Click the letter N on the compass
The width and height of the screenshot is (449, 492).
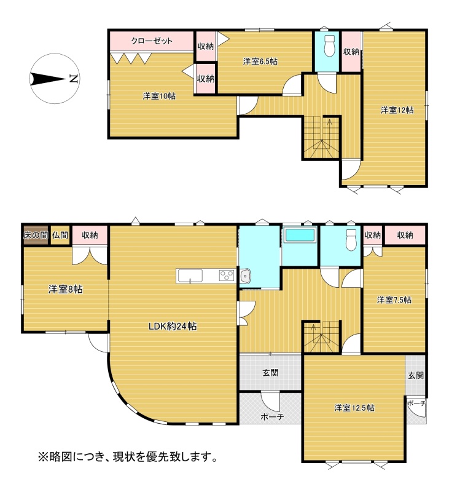tap(73, 79)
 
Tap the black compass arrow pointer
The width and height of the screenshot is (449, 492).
tap(48, 79)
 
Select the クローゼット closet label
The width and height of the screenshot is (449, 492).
tap(152, 41)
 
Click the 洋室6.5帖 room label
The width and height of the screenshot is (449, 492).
tap(260, 61)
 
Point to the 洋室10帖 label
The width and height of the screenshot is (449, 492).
tap(159, 96)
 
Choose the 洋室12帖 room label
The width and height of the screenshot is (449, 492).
tap(397, 110)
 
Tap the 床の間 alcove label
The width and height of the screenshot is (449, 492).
tap(36, 235)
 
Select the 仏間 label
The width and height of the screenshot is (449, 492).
tap(60, 235)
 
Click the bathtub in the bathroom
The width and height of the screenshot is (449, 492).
tap(299, 235)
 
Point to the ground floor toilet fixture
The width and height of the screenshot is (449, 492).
tap(351, 240)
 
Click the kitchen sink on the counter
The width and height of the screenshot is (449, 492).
tap(190, 276)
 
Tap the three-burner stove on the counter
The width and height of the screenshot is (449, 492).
tap(227, 276)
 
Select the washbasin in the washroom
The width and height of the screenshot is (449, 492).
tap(244, 276)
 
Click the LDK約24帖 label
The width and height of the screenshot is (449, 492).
tap(173, 327)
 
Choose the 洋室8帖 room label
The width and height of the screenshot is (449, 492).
tap(66, 289)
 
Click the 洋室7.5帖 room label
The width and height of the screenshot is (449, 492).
tap(394, 300)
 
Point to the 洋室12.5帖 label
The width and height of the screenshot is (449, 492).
tap(354, 408)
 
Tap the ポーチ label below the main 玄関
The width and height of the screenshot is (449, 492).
tap(272, 416)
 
